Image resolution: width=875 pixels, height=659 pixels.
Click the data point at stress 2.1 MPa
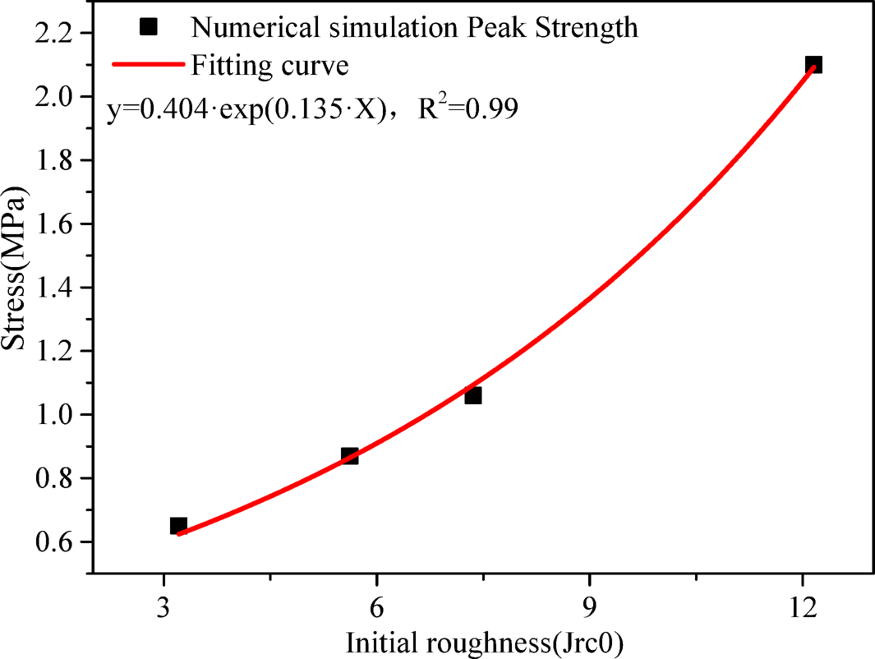pos(813,64)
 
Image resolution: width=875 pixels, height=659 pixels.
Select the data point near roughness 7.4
pos(472,395)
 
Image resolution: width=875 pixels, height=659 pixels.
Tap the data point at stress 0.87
pos(350,456)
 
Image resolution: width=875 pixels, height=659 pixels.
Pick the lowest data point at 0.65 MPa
pos(178,525)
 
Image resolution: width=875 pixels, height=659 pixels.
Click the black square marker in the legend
pos(148,27)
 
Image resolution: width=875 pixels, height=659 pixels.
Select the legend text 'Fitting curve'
pos(259,64)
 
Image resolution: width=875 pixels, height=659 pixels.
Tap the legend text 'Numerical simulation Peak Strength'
pos(414,28)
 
